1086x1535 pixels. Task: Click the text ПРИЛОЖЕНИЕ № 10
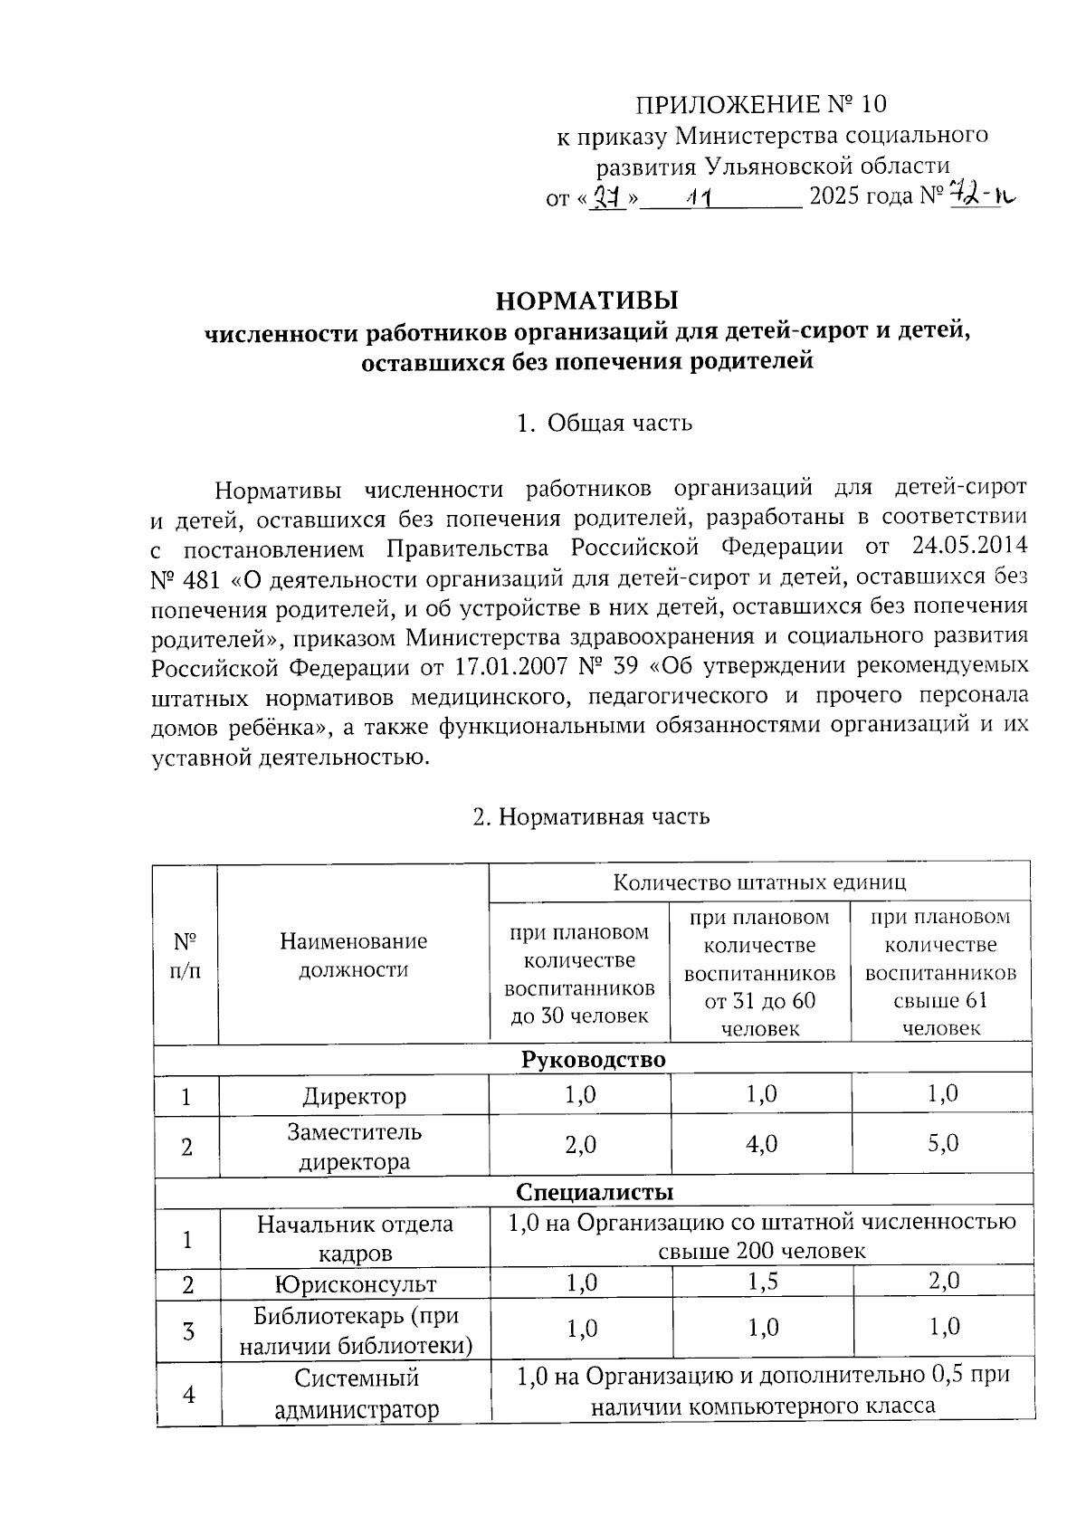[x=758, y=103]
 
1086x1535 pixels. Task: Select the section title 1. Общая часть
[x=604, y=423]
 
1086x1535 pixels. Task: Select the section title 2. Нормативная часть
[x=592, y=816]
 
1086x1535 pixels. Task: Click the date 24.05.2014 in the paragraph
[x=965, y=548]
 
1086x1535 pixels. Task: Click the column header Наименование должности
[x=353, y=955]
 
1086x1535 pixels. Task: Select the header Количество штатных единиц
[x=759, y=882]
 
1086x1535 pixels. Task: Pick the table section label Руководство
[x=593, y=1059]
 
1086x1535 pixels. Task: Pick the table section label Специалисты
[x=594, y=1191]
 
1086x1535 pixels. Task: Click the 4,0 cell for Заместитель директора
[x=761, y=1144]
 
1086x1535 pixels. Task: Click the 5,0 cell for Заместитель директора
[x=942, y=1144]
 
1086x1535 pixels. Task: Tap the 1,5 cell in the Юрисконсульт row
[x=763, y=1282]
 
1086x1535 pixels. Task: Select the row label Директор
[x=353, y=1096]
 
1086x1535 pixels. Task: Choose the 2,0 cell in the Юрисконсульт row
[x=942, y=1282]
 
